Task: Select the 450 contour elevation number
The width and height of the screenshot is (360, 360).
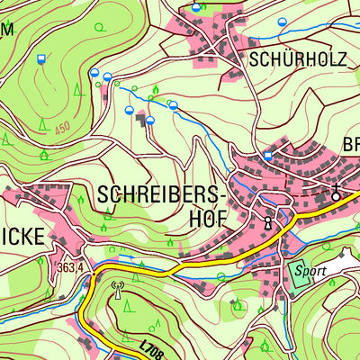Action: [x=61, y=129]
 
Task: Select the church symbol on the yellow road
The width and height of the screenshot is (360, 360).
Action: [x=336, y=194]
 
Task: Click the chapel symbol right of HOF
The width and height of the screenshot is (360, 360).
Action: [x=267, y=221]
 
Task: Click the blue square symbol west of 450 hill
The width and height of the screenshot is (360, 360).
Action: [x=40, y=59]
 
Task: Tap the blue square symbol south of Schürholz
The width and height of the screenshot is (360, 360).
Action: [x=267, y=157]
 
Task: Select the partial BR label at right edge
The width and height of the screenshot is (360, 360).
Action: [x=350, y=145]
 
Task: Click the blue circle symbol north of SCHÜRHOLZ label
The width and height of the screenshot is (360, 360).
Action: [x=283, y=22]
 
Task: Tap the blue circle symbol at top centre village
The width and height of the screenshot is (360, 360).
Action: [x=196, y=8]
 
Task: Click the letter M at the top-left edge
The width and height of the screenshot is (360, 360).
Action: [x=6, y=29]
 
